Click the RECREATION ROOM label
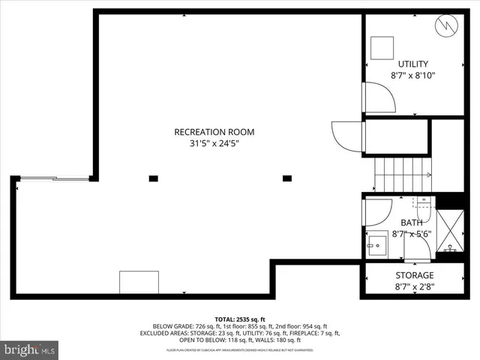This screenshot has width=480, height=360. tap(214, 132)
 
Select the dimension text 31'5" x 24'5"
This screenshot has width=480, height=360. tap(214, 145)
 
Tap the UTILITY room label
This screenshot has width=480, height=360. tap(412, 64)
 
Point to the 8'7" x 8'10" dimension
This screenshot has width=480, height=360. tap(412, 76)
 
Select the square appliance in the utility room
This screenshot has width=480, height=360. tap(383, 46)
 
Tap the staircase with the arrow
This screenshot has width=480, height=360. tap(403, 175)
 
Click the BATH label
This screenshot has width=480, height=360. tap(411, 223)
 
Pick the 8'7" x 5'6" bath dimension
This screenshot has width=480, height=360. tap(411, 234)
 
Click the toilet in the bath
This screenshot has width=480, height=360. tap(423, 203)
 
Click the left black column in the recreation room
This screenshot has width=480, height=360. tap(153, 178)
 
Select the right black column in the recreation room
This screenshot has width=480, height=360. tap(286, 178)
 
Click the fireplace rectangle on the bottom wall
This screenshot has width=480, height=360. tap(139, 282)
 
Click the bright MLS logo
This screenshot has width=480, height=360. tap(30, 349)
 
